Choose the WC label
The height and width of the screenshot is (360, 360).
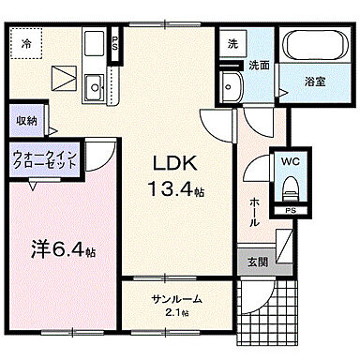tap(289, 160)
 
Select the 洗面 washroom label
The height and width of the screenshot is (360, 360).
tap(259, 66)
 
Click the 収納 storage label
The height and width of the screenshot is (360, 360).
tap(26, 119)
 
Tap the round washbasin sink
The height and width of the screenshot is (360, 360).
tap(230, 87)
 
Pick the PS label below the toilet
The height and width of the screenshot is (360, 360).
tap(291, 212)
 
